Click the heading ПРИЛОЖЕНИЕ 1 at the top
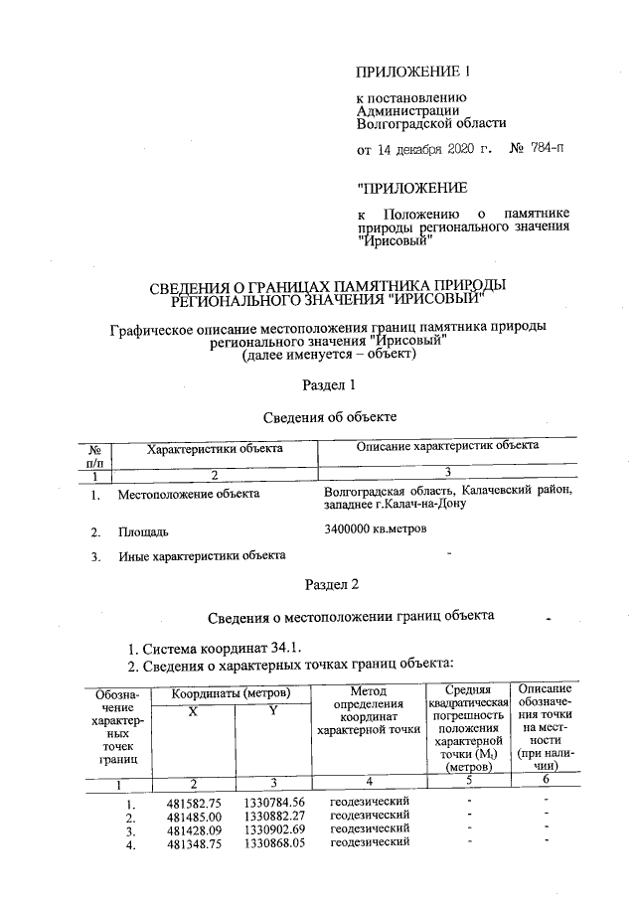(410, 72)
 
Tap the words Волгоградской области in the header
(430, 124)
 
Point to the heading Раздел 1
(327, 383)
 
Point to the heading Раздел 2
(327, 583)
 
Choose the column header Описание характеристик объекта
(448, 446)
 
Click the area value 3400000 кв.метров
(375, 528)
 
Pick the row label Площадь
(144, 531)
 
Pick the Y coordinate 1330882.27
(273, 816)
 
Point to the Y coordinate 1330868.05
(273, 843)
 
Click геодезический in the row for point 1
(370, 801)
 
